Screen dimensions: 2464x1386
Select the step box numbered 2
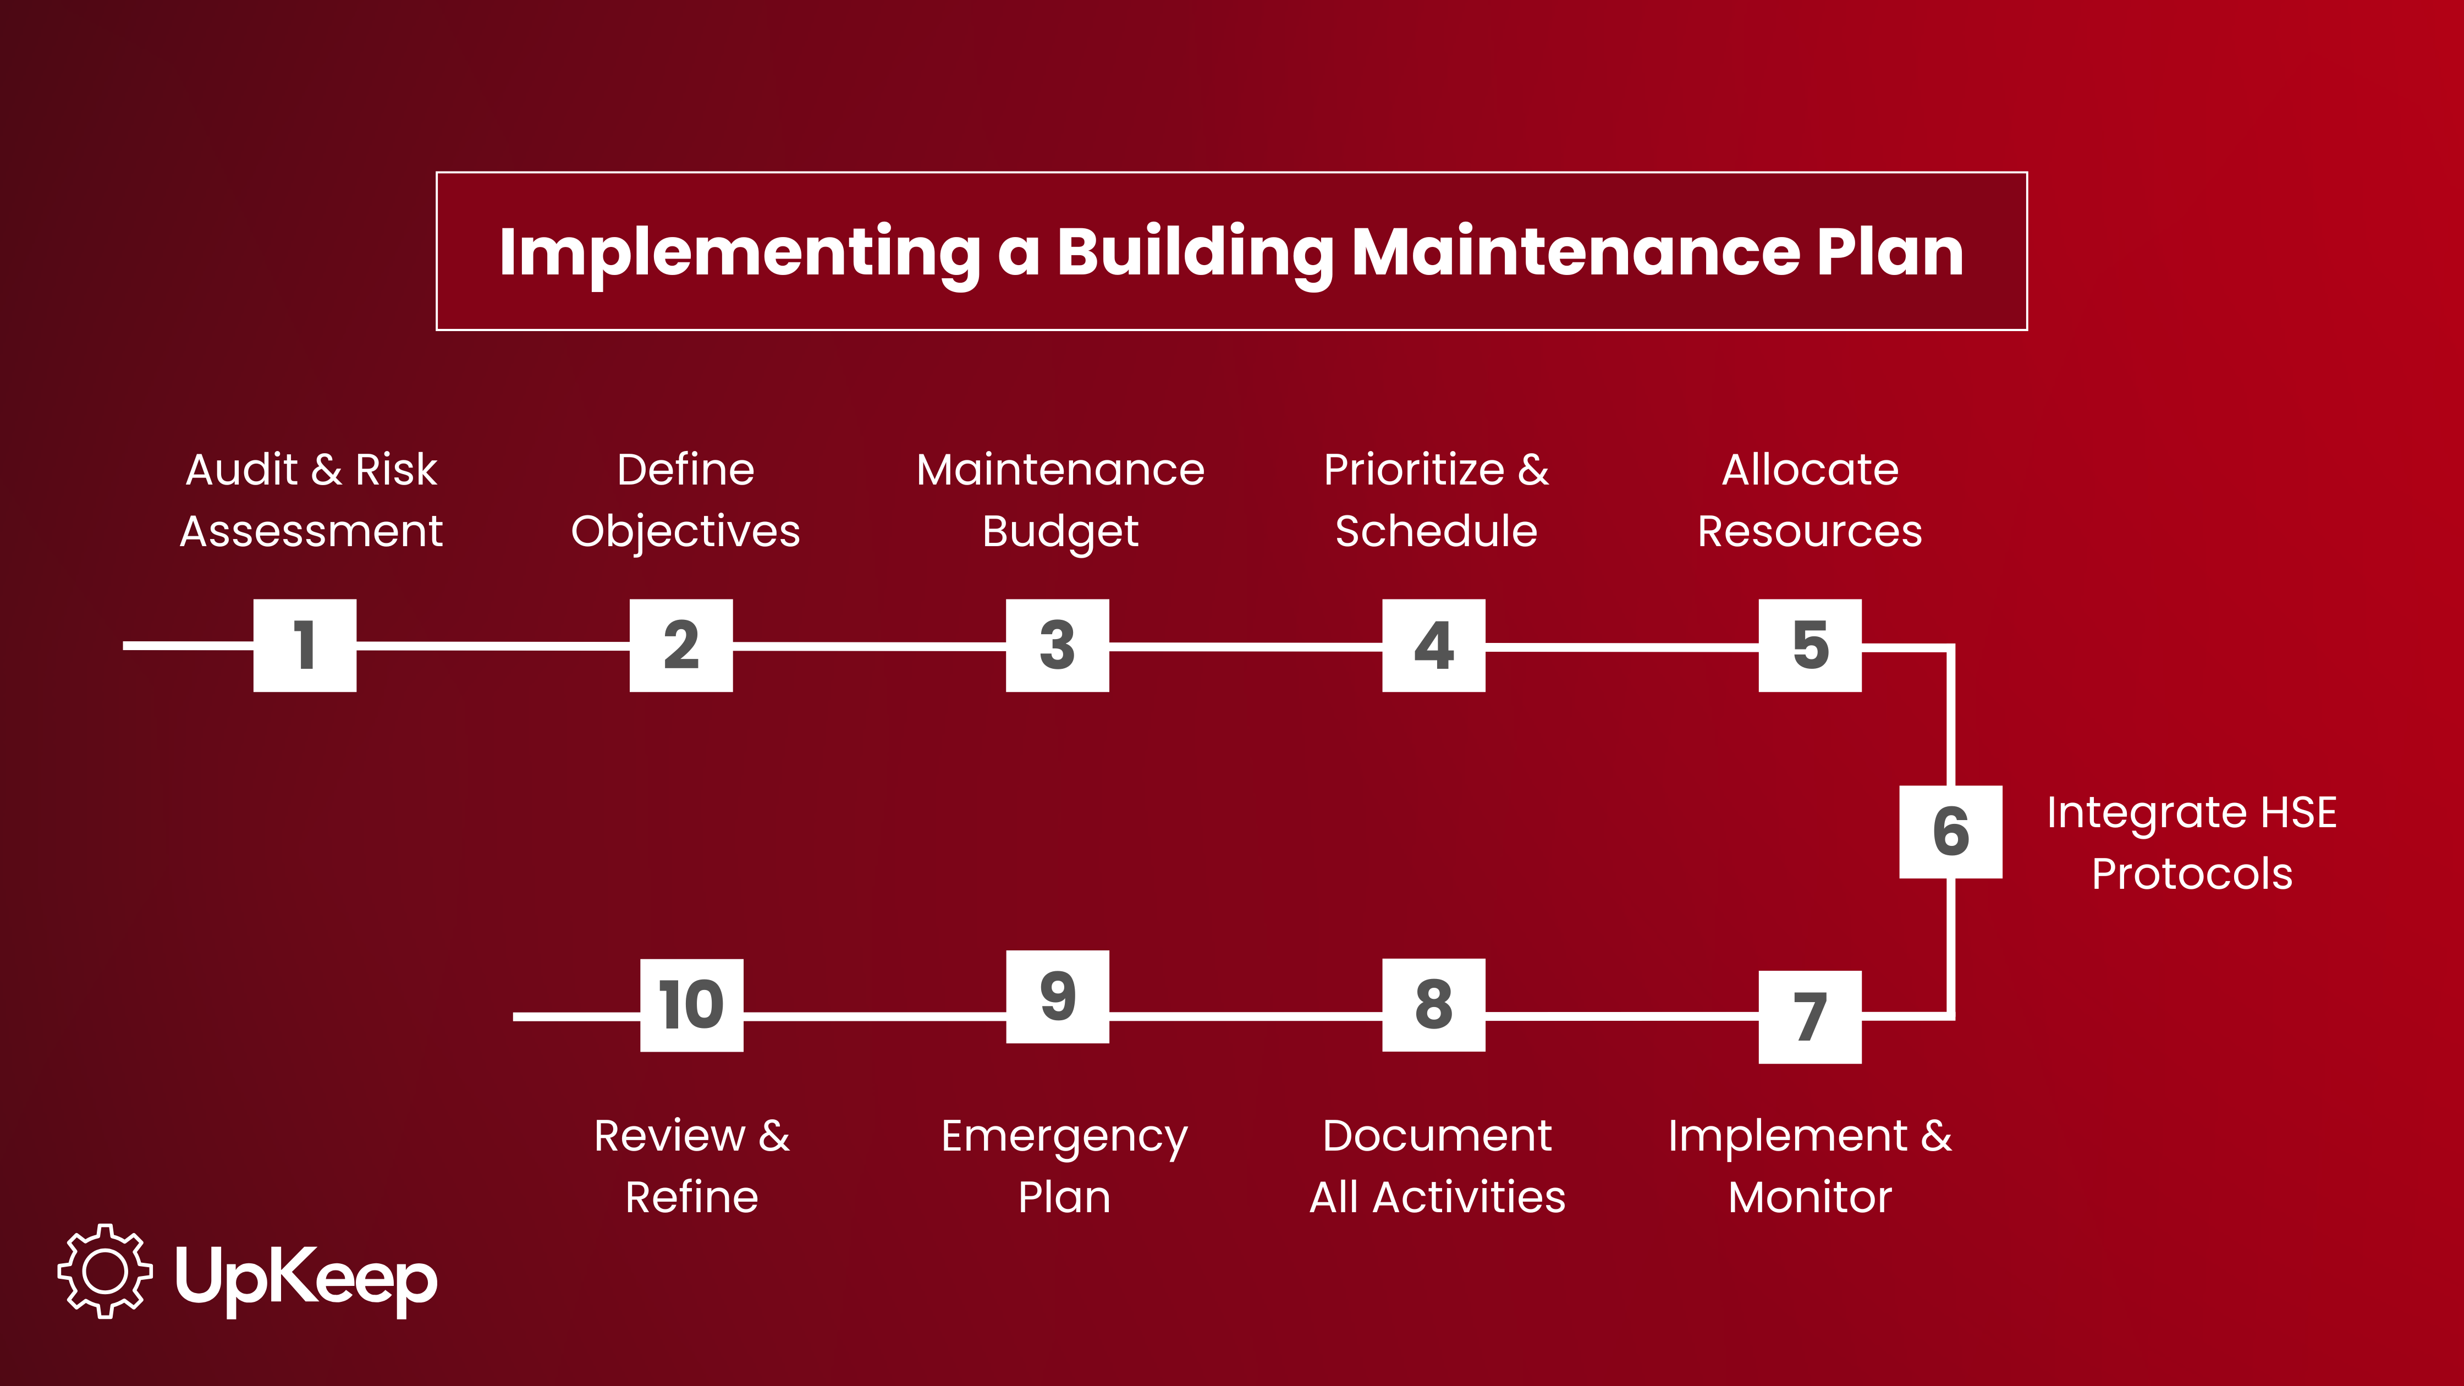(x=681, y=646)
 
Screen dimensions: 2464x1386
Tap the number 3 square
(x=1058, y=646)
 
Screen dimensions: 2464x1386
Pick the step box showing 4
(x=1434, y=646)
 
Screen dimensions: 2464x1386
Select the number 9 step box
(x=1058, y=997)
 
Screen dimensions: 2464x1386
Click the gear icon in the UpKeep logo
(x=105, y=1271)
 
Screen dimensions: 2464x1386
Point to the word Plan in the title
(x=1890, y=252)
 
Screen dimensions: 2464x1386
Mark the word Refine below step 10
(x=691, y=1197)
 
